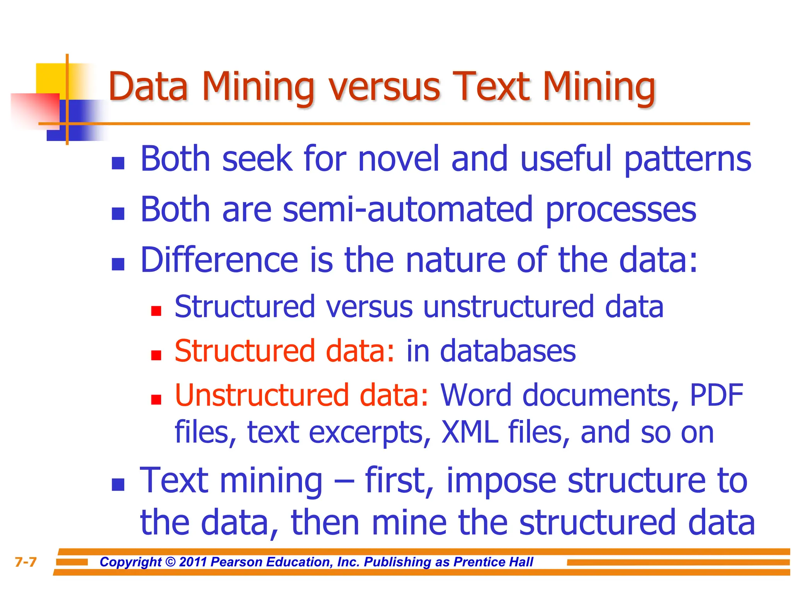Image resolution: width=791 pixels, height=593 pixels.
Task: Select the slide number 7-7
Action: click(25, 562)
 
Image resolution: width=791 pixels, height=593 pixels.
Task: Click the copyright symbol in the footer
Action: click(170, 562)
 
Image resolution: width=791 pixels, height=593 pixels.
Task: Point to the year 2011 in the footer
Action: click(193, 562)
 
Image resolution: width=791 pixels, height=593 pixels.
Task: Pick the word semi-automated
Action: click(407, 210)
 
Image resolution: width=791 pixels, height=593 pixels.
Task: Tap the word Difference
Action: click(219, 260)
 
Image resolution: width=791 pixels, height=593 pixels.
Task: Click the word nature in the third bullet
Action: click(455, 261)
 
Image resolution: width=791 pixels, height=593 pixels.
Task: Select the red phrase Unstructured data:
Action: click(301, 395)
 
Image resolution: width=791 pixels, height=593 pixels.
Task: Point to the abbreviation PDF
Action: click(716, 395)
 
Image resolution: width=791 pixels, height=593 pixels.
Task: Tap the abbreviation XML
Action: click(469, 432)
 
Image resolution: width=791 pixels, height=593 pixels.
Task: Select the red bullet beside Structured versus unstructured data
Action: click(156, 311)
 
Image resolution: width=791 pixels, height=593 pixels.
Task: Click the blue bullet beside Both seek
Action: click(118, 163)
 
